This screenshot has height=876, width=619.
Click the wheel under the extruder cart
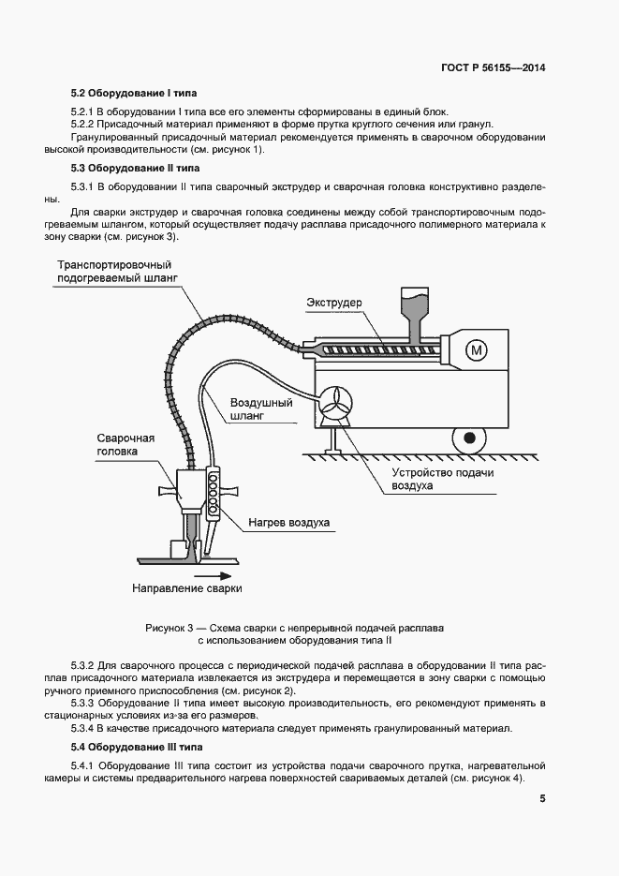(468, 438)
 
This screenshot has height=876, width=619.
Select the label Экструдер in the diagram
(333, 302)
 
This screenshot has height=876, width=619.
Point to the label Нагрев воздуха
(289, 522)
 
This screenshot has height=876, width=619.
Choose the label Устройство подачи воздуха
(430, 480)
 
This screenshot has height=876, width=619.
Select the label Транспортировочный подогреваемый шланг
(115, 272)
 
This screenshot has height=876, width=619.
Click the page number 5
(542, 799)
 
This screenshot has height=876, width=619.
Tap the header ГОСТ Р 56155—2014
(493, 67)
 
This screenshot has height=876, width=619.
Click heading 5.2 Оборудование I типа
(134, 93)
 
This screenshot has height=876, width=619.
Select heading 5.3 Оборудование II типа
(136, 169)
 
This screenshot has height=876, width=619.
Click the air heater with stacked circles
(214, 491)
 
